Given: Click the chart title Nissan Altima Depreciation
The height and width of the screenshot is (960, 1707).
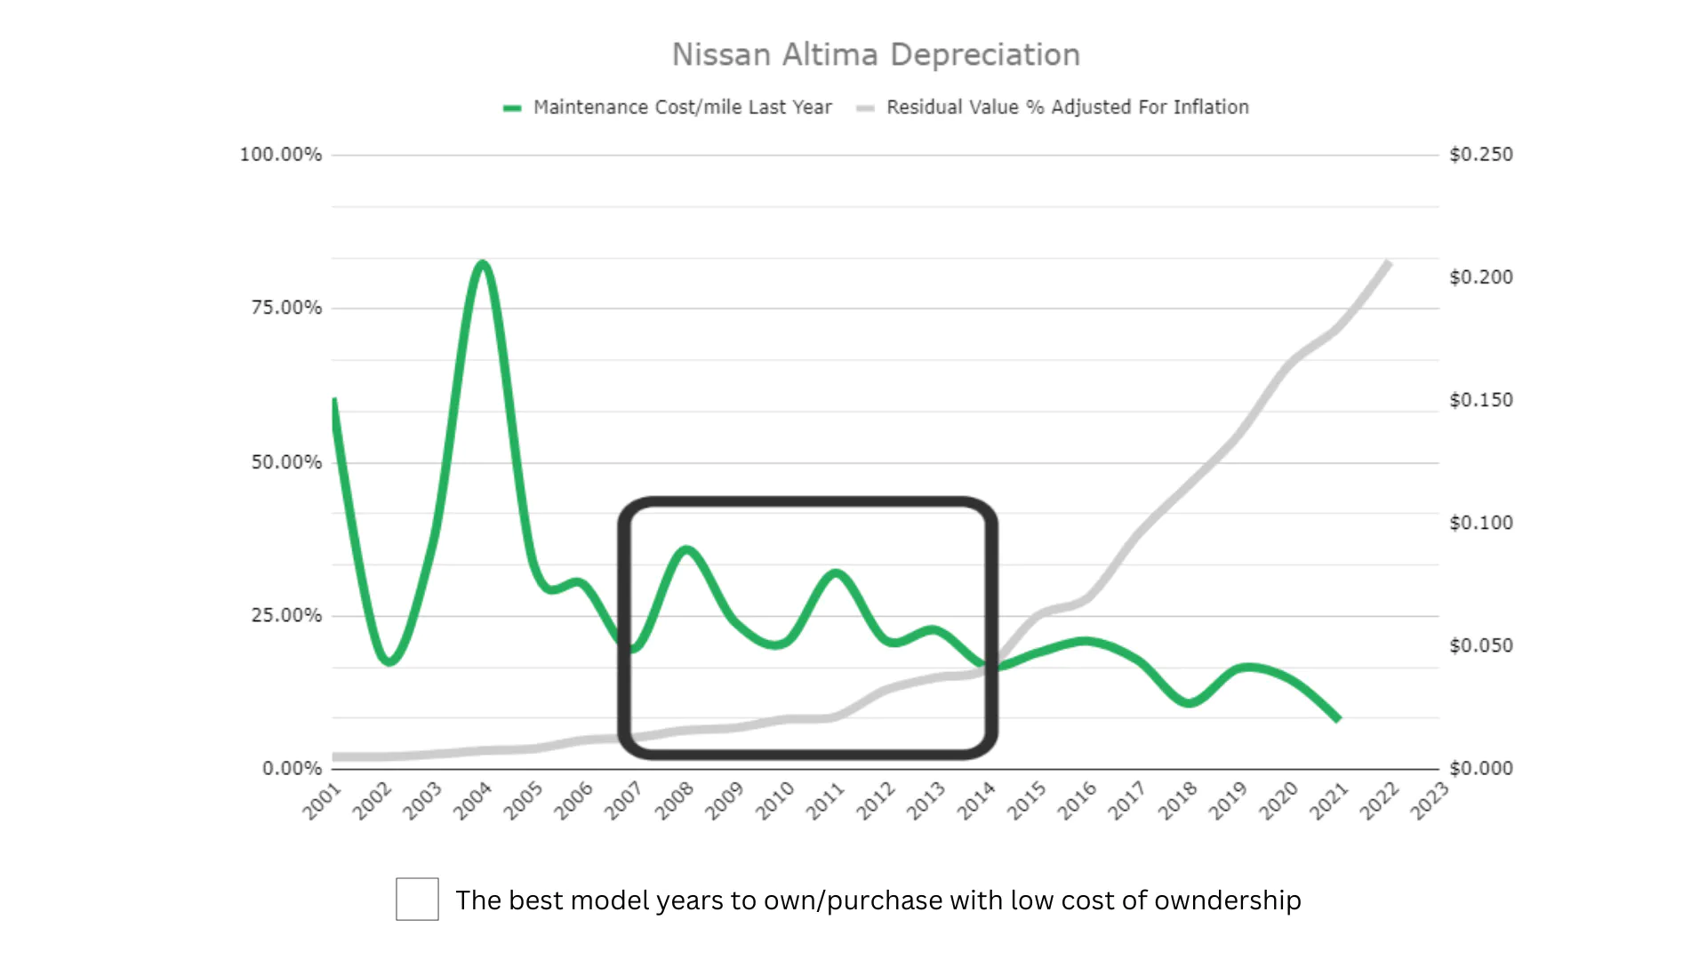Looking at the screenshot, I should (876, 55).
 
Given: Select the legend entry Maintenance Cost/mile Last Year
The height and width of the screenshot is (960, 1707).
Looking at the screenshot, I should (682, 108).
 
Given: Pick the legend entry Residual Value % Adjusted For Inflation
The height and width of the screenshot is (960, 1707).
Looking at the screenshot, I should (1067, 108).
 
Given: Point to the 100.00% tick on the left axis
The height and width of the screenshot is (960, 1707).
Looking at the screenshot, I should (281, 155).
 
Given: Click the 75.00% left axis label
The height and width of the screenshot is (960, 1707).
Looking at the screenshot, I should (286, 308).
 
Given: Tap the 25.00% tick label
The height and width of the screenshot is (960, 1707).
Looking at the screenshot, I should (286, 615).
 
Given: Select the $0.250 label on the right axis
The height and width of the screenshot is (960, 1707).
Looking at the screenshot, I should (1480, 155).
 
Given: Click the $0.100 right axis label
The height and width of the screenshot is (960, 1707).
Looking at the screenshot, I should (1480, 523).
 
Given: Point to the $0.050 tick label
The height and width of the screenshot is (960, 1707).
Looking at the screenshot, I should (1480, 645).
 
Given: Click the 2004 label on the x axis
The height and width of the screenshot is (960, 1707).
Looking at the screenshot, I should (472, 801).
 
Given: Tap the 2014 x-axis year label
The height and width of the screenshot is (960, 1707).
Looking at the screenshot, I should (976, 801).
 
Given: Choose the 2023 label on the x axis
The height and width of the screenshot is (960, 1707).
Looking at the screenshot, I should (1430, 801).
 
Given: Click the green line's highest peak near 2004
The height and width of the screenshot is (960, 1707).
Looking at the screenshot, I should (482, 263).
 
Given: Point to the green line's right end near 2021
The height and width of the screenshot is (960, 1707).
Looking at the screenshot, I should (1337, 718).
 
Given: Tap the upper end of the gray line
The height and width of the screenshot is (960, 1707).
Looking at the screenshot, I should (1387, 263).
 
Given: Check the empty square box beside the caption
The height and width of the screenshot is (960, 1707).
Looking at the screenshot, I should (417, 899).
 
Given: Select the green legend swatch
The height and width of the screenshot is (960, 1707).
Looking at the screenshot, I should (512, 108).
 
